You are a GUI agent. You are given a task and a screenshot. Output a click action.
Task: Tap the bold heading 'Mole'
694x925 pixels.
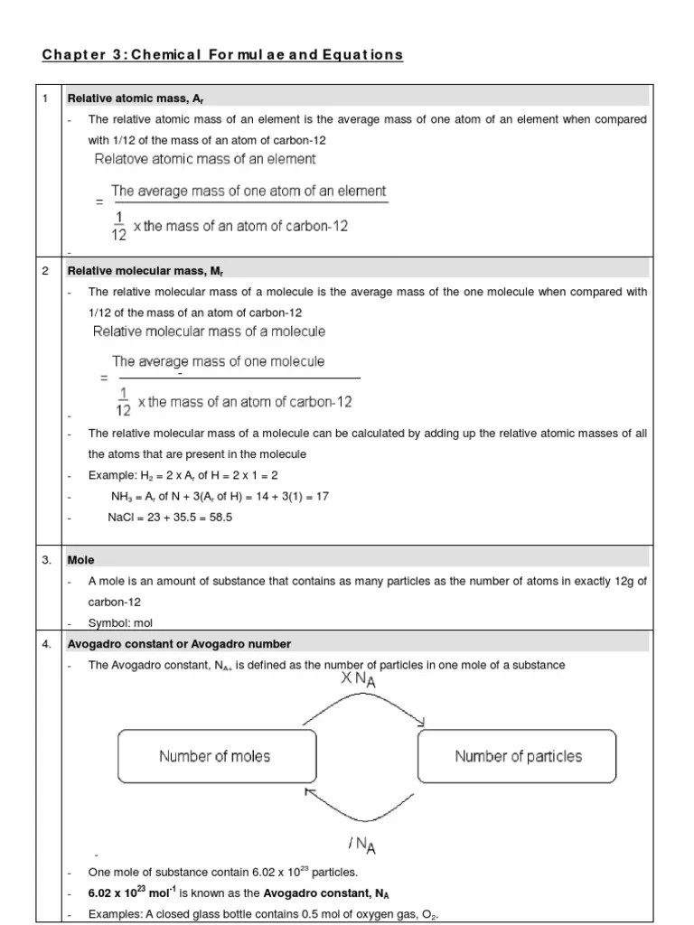pos(81,560)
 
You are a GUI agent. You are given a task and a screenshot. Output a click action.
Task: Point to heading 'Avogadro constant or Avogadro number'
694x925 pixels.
pos(179,644)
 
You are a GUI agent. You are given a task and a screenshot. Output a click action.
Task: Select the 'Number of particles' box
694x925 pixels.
pos(518,756)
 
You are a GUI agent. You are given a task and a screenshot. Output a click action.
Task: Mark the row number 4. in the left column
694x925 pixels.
pos(47,644)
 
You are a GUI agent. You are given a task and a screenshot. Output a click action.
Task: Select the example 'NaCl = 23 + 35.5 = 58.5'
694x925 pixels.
pos(167,518)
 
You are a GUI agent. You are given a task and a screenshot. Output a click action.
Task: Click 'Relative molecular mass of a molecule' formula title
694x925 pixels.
pos(210,332)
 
